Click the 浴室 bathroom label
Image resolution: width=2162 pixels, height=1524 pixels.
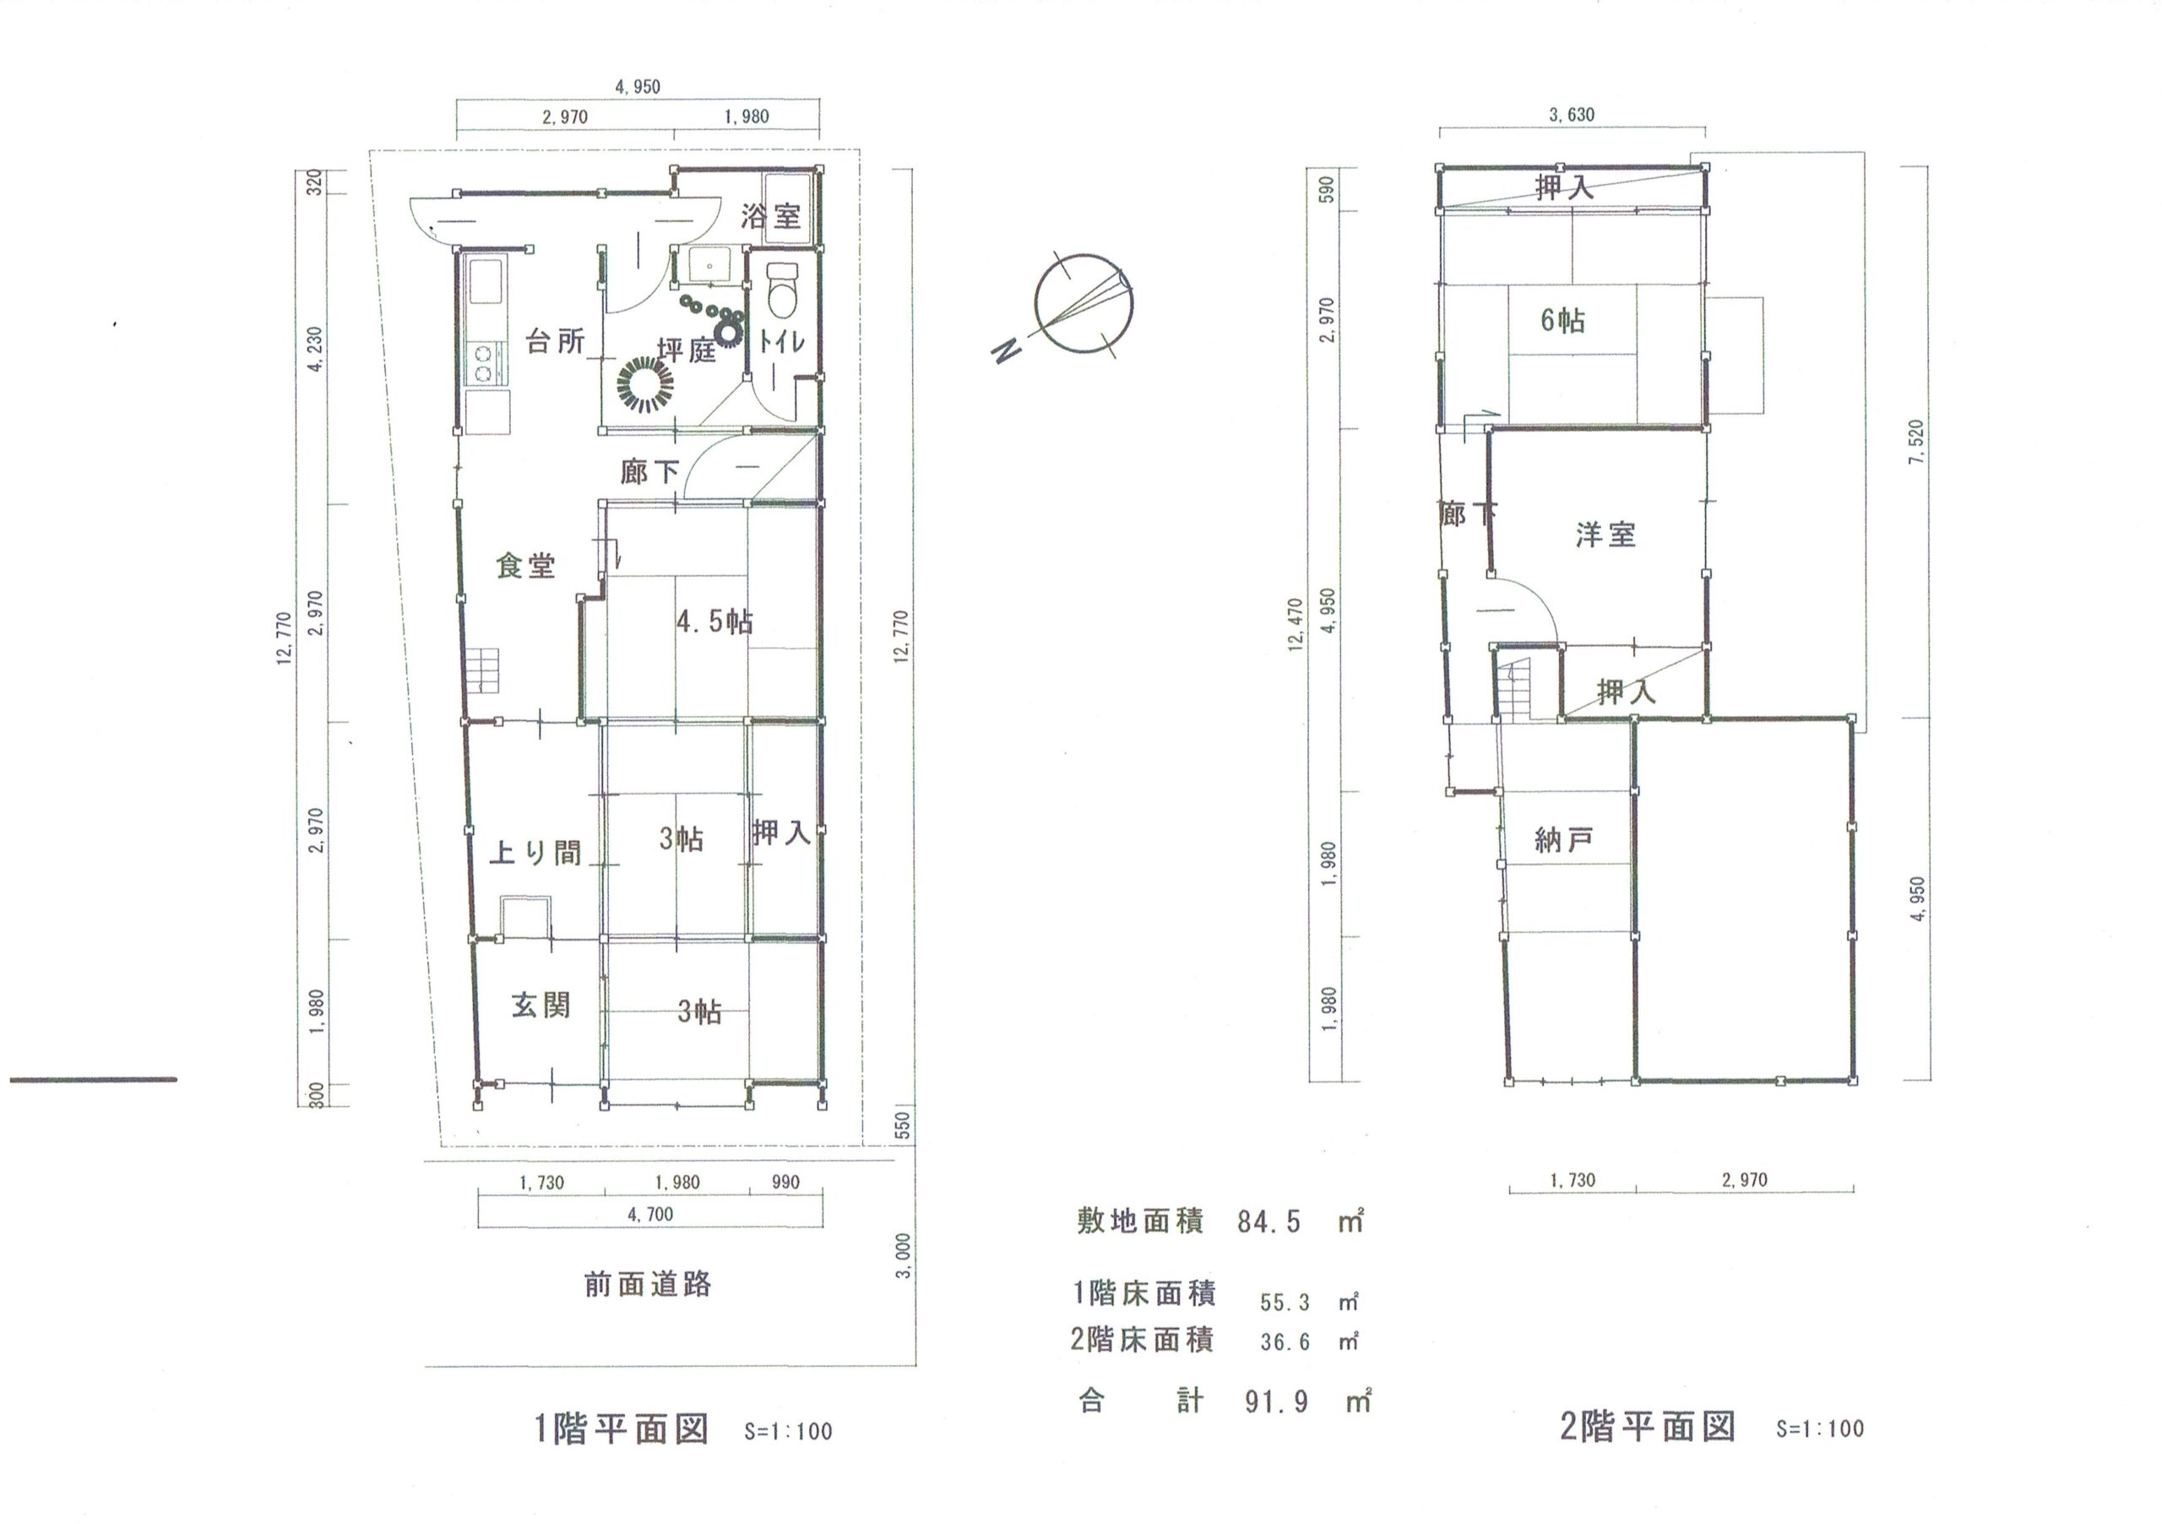(770, 215)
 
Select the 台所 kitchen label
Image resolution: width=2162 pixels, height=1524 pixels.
(556, 341)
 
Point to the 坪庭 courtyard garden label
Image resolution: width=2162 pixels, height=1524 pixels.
(687, 350)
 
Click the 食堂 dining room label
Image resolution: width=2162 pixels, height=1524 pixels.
(526, 565)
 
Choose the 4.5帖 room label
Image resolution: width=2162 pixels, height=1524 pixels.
(714, 621)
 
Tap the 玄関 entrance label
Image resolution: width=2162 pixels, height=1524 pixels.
(541, 1005)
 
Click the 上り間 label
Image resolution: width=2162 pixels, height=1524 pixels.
(535, 852)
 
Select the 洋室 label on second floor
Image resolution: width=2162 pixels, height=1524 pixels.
(1605, 534)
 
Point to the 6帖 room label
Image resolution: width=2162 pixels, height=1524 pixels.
(1562, 320)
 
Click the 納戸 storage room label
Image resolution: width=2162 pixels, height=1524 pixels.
(1563, 839)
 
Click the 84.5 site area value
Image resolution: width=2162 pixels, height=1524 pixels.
(1268, 1222)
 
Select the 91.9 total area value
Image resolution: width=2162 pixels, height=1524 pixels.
(1276, 1402)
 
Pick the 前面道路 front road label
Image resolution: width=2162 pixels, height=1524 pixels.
(648, 1284)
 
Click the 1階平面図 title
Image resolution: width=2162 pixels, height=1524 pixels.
(622, 1429)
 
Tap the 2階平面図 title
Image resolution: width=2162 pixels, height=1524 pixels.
(1648, 1427)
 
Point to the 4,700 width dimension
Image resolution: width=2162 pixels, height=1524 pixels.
(650, 1214)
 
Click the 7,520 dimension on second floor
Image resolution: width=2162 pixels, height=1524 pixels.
(1915, 442)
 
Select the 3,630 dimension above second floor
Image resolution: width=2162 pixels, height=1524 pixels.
(1572, 115)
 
